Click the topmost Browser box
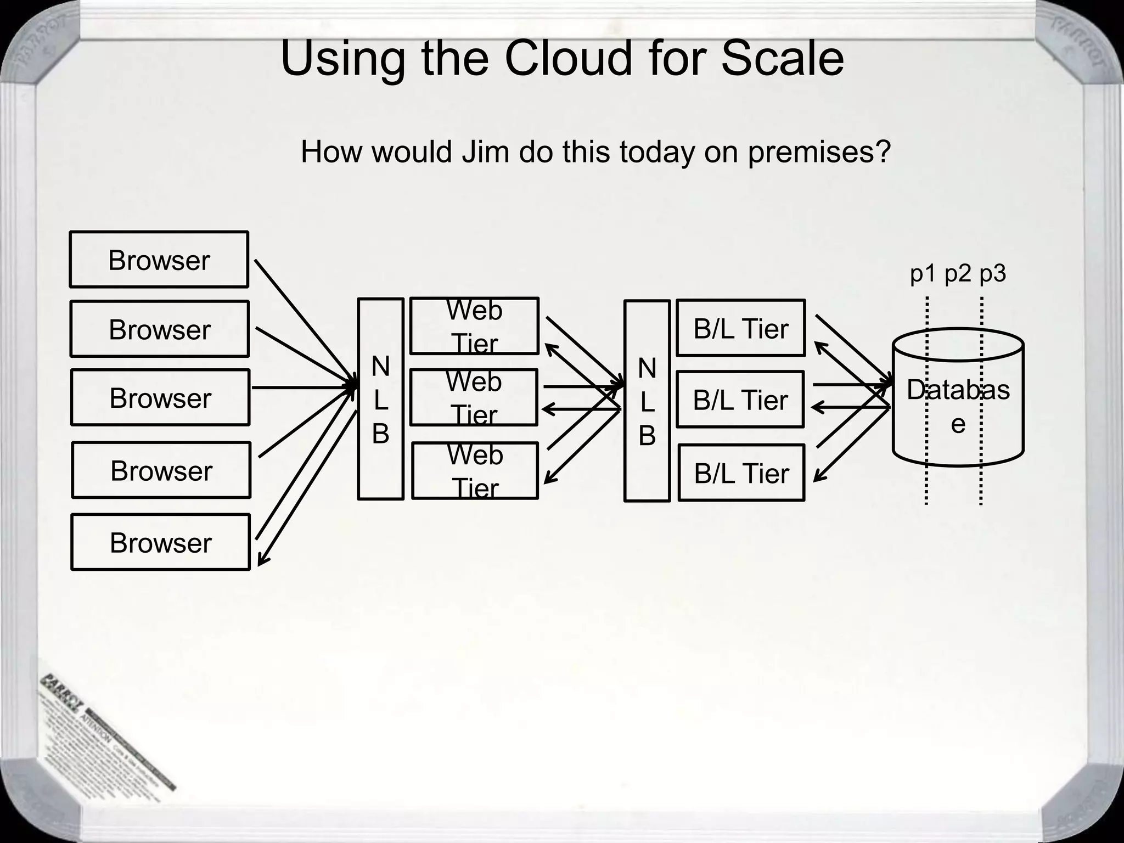[x=159, y=260]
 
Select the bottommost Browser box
[x=160, y=542]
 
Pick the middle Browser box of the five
[x=160, y=397]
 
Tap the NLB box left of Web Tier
[x=380, y=399]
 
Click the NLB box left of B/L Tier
[x=647, y=401]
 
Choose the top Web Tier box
[x=474, y=326]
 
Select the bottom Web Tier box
[x=475, y=471]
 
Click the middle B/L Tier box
[x=740, y=400]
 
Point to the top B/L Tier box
[x=741, y=328]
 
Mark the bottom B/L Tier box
[x=741, y=473]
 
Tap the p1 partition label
[x=923, y=273]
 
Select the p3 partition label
[x=992, y=273]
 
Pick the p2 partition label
[x=958, y=273]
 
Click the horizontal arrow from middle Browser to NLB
[x=302, y=387]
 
